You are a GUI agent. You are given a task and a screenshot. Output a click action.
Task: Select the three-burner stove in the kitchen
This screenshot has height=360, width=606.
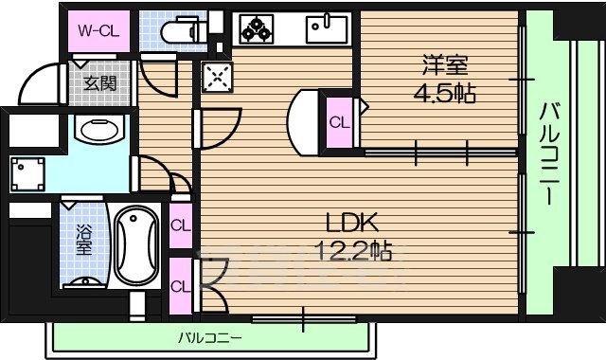[x=254, y=29]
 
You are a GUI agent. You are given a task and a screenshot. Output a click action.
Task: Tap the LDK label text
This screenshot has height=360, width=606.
[x=352, y=224]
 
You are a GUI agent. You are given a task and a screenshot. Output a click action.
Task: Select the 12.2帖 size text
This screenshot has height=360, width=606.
[x=352, y=250]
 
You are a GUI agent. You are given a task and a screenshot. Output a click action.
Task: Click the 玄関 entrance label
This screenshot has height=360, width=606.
[x=97, y=83]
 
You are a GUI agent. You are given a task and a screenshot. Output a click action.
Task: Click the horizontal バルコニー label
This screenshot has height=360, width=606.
[x=209, y=337]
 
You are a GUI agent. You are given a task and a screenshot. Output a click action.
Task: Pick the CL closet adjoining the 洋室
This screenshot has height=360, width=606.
[x=339, y=121]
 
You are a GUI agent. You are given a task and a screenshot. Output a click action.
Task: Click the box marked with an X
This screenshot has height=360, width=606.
[x=214, y=76]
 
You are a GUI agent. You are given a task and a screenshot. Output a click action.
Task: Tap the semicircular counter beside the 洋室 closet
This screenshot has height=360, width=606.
[x=305, y=121]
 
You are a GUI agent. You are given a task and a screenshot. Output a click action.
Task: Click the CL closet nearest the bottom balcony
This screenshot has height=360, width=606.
[x=180, y=285]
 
